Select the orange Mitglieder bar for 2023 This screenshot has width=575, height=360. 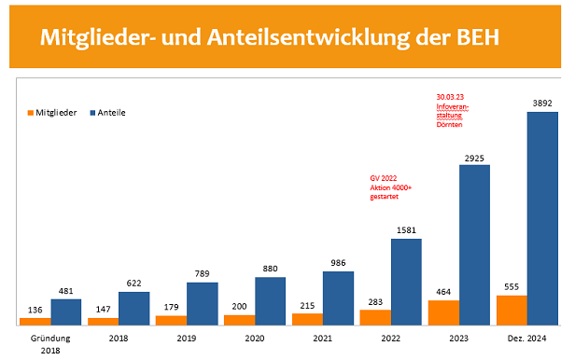[443, 312]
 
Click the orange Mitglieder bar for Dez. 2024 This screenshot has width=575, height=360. [512, 310]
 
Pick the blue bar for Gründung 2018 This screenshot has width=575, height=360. [65, 312]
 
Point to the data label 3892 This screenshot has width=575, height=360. [542, 104]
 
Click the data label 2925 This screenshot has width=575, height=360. [474, 158]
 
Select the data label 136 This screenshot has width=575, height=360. [35, 310]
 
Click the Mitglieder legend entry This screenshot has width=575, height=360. [49, 113]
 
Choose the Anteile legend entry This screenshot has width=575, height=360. [107, 113]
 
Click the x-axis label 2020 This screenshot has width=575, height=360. [255, 340]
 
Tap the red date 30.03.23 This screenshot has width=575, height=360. [453, 97]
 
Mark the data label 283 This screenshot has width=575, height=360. [375, 301]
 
